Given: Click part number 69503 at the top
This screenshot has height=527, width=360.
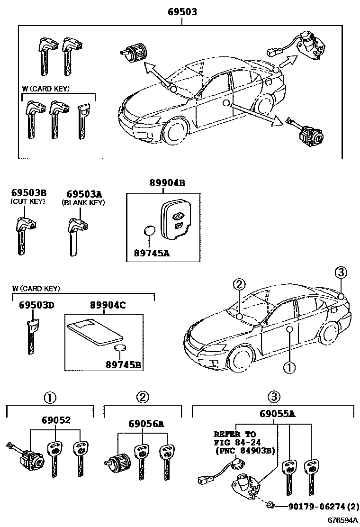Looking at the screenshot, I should click(x=181, y=11).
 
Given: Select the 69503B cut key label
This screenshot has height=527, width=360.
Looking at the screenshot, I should click(x=28, y=193).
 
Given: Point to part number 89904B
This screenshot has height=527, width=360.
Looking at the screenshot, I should click(x=163, y=183).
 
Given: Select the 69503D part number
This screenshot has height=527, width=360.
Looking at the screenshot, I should click(x=36, y=305).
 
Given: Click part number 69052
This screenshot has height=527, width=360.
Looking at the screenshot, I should click(x=55, y=419).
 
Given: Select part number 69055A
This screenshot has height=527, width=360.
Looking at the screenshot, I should click(x=277, y=414).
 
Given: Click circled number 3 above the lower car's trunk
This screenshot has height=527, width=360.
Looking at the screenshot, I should click(x=341, y=273).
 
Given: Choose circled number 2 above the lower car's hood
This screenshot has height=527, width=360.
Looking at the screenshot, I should click(x=240, y=284).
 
